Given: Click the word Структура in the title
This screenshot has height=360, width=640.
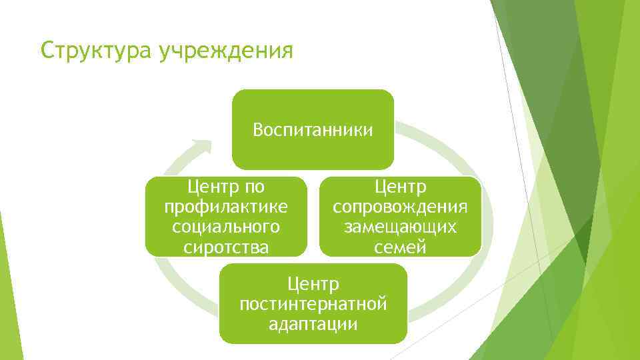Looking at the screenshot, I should pyautogui.click(x=95, y=51).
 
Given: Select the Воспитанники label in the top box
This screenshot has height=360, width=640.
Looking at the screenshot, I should pyautogui.click(x=313, y=129).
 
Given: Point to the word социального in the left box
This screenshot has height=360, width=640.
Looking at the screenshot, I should pyautogui.click(x=226, y=227).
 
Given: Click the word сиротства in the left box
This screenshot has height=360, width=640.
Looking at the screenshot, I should pyautogui.click(x=226, y=248).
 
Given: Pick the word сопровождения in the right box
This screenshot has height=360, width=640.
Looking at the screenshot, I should pyautogui.click(x=400, y=206).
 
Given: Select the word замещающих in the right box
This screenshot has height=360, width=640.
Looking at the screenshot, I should pyautogui.click(x=400, y=227).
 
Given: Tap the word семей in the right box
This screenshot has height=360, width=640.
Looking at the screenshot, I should pyautogui.click(x=400, y=248).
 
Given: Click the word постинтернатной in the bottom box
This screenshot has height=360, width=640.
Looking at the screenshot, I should pyautogui.click(x=313, y=305).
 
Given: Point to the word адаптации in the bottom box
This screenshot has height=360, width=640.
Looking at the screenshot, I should pyautogui.click(x=313, y=325).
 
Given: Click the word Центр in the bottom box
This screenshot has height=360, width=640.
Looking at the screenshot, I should pyautogui.click(x=313, y=285).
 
